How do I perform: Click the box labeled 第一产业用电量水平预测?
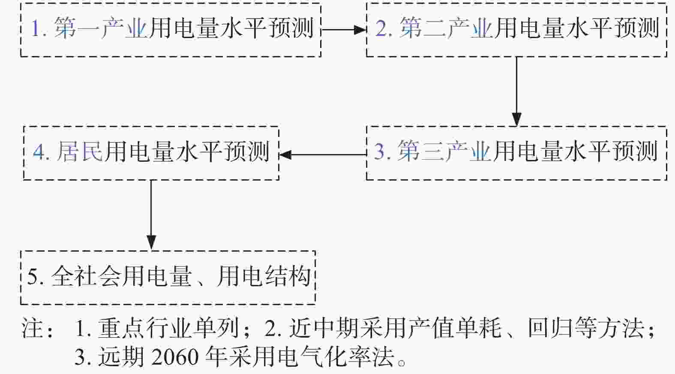point(171,30)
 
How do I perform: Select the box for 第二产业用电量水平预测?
point(516,30)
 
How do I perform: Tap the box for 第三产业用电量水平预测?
point(516,153)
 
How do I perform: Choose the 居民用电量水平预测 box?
point(151,153)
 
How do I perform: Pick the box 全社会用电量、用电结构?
point(168,277)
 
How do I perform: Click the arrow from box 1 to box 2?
point(344,30)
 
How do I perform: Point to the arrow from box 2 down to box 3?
point(517,92)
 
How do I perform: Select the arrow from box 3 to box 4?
point(323,155)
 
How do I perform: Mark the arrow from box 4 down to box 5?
point(151,215)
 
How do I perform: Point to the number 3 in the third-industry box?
point(379,151)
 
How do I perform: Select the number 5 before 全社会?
point(33,276)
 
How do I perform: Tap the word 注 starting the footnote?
point(32,328)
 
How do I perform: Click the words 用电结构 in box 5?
point(264,276)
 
